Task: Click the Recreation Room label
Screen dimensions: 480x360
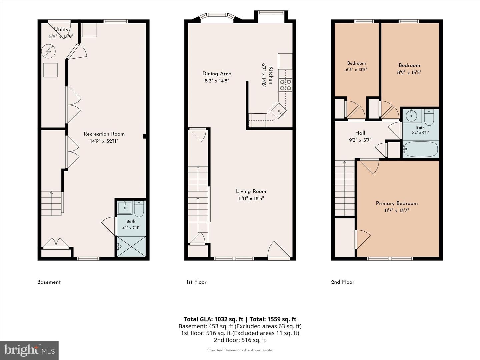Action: coord(104,134)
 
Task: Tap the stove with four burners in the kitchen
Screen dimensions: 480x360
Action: coord(286,85)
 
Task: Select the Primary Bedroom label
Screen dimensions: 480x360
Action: coord(397,203)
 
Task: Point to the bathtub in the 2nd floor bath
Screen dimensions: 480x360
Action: coord(420,149)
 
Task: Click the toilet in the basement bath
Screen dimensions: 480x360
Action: coord(139,209)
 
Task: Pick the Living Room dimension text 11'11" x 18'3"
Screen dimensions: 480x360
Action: coord(251,198)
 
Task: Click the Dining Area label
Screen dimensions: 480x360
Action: coord(217,74)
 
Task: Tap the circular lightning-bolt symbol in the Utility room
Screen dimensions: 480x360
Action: coord(48,51)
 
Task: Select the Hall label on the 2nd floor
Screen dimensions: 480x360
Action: coord(360,133)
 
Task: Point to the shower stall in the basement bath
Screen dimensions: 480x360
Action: coord(131,246)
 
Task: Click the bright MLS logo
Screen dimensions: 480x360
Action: coord(29,350)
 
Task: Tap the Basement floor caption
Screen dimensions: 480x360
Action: coord(49,282)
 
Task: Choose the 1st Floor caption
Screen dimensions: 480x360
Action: coord(196,282)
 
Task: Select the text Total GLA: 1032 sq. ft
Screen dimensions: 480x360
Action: coord(213,319)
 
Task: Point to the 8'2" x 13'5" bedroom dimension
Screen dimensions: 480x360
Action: coord(409,72)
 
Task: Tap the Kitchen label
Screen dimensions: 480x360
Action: coord(271,75)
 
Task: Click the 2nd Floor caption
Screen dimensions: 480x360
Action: coord(343,282)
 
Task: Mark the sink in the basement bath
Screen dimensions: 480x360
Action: coord(125,208)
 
